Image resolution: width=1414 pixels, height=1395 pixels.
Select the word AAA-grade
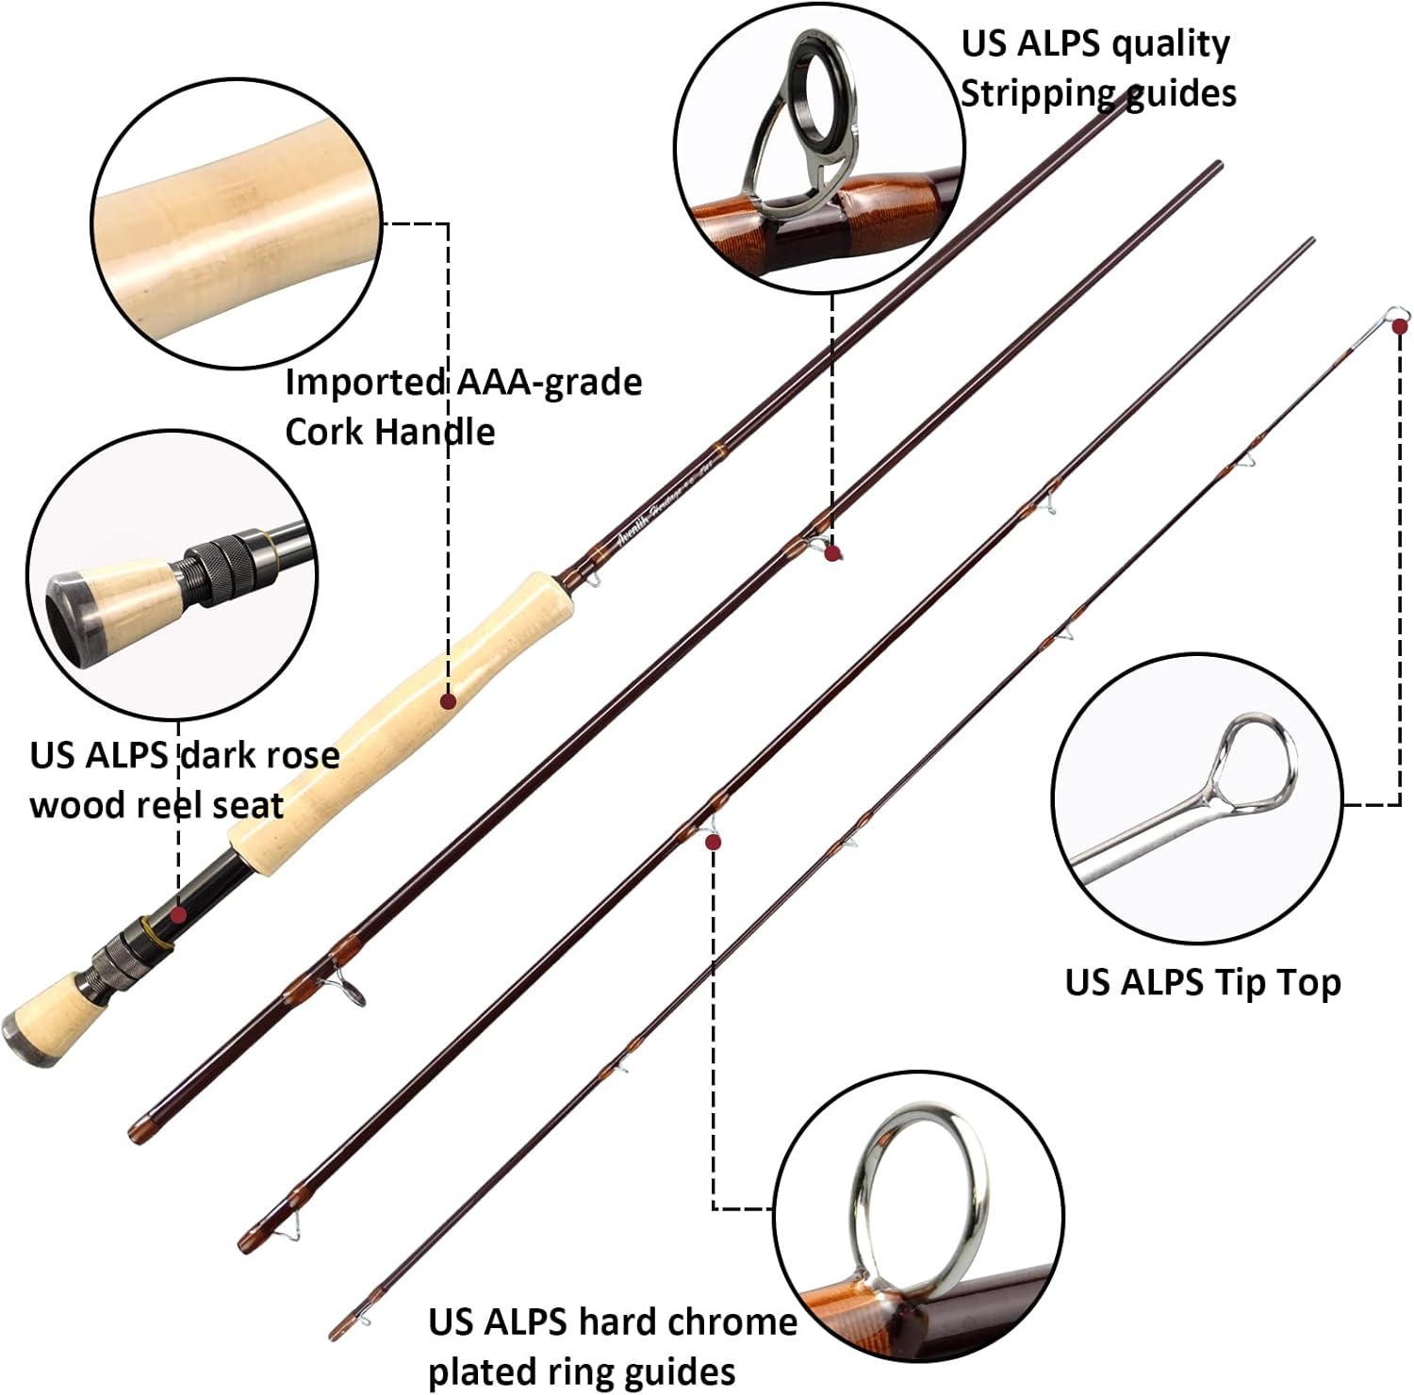pyautogui.click(x=549, y=382)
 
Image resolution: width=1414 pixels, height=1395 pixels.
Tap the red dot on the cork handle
pyautogui.click(x=449, y=700)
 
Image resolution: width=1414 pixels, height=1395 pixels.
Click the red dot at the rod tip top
pyautogui.click(x=1400, y=326)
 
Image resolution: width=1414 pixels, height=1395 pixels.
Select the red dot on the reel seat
pyautogui.click(x=178, y=914)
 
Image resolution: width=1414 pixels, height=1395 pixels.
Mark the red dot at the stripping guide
pyautogui.click(x=831, y=554)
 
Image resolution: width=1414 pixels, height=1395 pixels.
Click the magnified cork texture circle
pyautogui.click(x=237, y=222)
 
